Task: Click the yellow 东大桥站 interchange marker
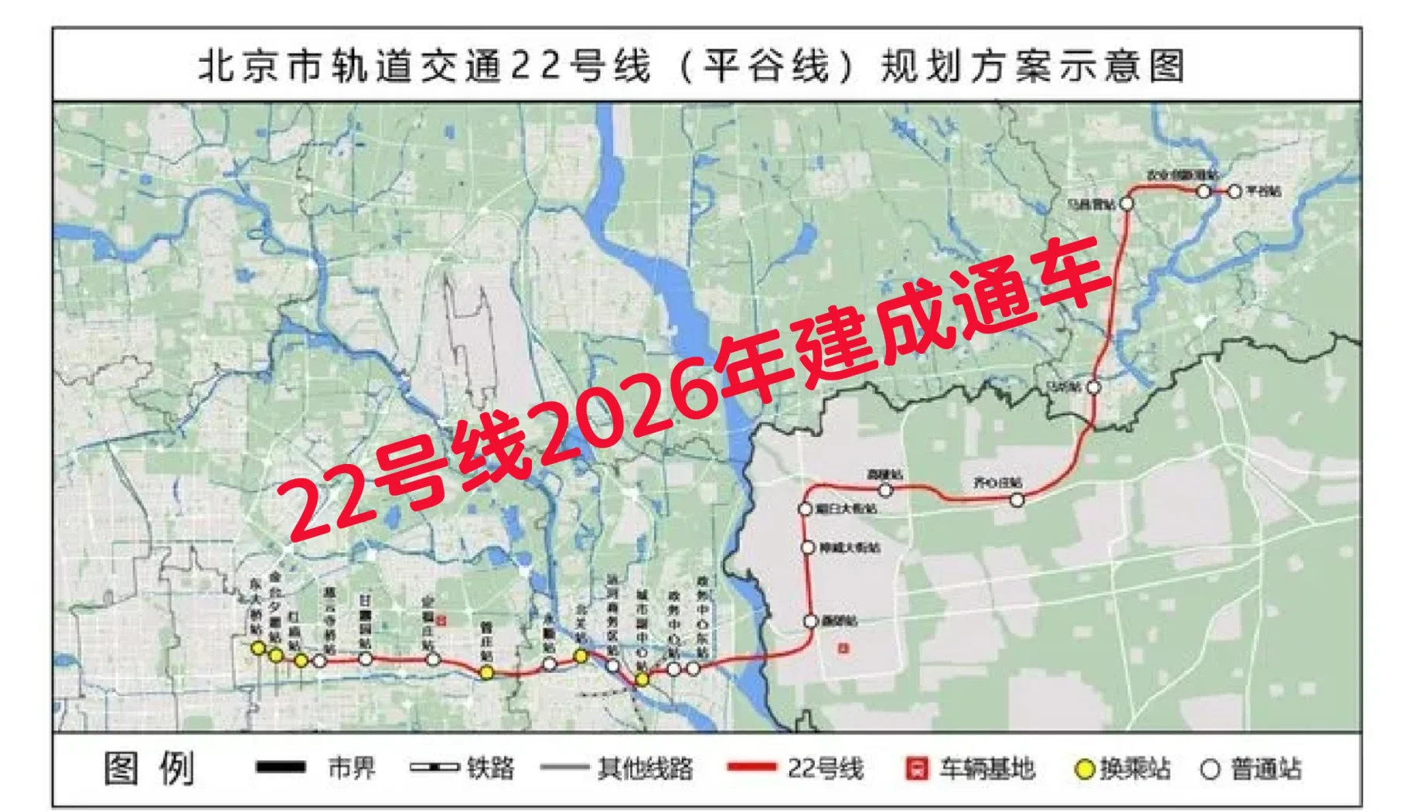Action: click(258, 648)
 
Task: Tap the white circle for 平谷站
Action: click(1234, 191)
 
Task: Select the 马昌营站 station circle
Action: click(1126, 203)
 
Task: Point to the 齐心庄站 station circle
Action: click(1017, 500)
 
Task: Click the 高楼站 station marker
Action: click(886, 490)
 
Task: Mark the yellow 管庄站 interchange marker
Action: click(486, 673)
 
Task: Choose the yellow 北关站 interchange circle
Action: click(581, 656)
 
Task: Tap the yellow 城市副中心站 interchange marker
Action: click(642, 680)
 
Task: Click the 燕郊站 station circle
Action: click(810, 621)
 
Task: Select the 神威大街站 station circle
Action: click(808, 548)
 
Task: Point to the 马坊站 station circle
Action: click(1094, 387)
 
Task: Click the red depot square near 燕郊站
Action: click(843, 648)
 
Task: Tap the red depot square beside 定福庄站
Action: click(441, 620)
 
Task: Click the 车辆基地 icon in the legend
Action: click(916, 769)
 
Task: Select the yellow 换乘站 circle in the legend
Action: click(1085, 769)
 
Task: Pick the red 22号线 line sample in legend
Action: click(751, 768)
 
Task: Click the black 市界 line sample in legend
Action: click(281, 768)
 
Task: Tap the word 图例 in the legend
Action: click(149, 769)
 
